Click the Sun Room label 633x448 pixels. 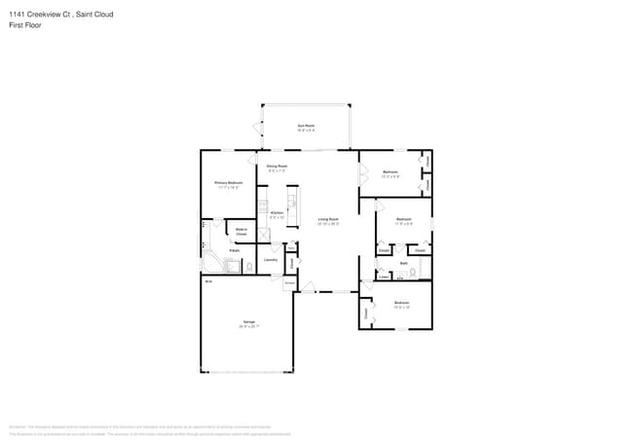pos(306,126)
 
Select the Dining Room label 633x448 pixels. pos(278,167)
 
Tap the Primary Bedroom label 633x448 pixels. pos(229,183)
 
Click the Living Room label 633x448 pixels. pos(327,220)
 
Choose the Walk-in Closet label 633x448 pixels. pos(241,232)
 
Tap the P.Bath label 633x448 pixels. pos(235,251)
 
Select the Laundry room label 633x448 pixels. pos(271,260)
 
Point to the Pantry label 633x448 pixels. pos(290,248)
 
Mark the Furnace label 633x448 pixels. pos(289,283)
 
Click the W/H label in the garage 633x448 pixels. pos(207,281)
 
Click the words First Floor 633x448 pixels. pos(25,25)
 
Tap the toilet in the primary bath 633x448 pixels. pos(249,266)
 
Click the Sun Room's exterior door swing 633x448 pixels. pos(256,127)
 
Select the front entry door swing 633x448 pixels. pos(309,285)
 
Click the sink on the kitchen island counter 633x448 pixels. pos(291,205)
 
